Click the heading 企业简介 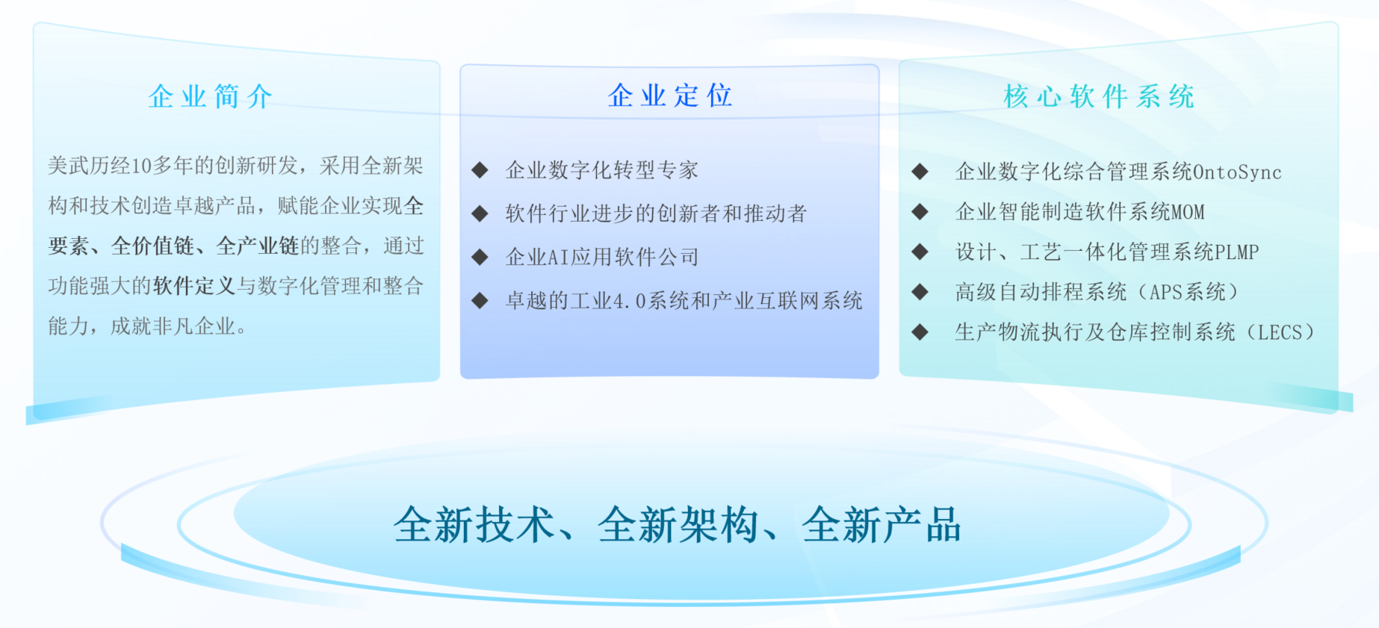pos(211,96)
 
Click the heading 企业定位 pos(670,96)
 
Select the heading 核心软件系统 pos(1099,96)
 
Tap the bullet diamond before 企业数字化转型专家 pos(480,170)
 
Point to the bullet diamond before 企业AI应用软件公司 pos(480,258)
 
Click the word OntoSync pos(1237,172)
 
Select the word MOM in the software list pos(1188,212)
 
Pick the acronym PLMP pos(1237,252)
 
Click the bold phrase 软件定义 pos(194,286)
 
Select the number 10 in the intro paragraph pos(141,166)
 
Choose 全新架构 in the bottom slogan pos(678,525)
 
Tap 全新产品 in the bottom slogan pos(882,525)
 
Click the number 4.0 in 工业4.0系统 pos(630,302)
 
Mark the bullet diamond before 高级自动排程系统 pos(920,292)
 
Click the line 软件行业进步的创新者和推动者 pos(656,214)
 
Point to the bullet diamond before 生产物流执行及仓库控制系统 pos(920,332)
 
